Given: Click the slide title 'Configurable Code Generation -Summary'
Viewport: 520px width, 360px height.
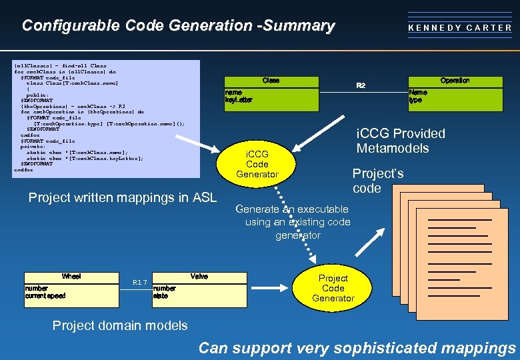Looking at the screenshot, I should (x=178, y=26).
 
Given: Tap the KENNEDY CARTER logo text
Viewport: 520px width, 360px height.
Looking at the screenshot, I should (x=460, y=28).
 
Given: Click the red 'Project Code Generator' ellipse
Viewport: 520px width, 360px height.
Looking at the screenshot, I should (x=333, y=288).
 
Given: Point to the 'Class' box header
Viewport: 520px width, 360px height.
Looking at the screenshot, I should (x=271, y=81).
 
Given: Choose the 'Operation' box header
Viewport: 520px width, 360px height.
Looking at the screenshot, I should (x=455, y=81).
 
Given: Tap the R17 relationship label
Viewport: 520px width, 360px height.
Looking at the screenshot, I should (x=139, y=282).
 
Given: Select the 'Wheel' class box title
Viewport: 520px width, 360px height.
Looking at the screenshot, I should (x=71, y=276).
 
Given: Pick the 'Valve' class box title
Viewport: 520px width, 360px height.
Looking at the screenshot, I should (x=199, y=276).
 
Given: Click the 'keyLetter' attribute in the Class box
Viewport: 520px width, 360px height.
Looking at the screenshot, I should (x=239, y=100).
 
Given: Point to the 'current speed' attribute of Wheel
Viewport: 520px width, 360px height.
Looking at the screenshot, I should (x=45, y=295).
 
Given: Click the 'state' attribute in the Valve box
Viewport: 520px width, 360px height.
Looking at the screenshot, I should (x=160, y=295).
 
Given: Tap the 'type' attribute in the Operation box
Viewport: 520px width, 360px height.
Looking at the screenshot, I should (x=415, y=100).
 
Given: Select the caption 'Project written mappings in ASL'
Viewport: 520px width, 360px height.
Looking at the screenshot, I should (x=123, y=197).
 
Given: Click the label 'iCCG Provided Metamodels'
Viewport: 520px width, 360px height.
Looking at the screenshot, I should (x=401, y=141).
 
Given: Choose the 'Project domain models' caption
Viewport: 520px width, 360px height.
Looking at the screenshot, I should (x=120, y=325).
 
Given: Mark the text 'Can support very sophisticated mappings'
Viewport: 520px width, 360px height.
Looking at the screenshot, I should (x=357, y=348).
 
